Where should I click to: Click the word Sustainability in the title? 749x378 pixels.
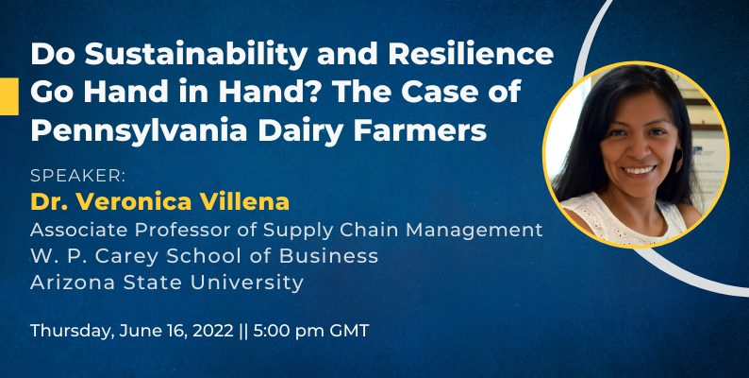(196, 56)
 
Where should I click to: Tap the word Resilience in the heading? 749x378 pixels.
(471, 55)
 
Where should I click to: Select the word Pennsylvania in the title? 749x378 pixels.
(139, 131)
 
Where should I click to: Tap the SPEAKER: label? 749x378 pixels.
(78, 176)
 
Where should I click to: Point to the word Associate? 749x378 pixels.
(79, 231)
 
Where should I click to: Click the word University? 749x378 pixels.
(247, 283)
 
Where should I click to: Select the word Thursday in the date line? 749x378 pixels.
(72, 331)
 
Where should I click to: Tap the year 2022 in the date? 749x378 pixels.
(212, 331)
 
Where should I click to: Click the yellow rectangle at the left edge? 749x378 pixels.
(9, 96)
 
